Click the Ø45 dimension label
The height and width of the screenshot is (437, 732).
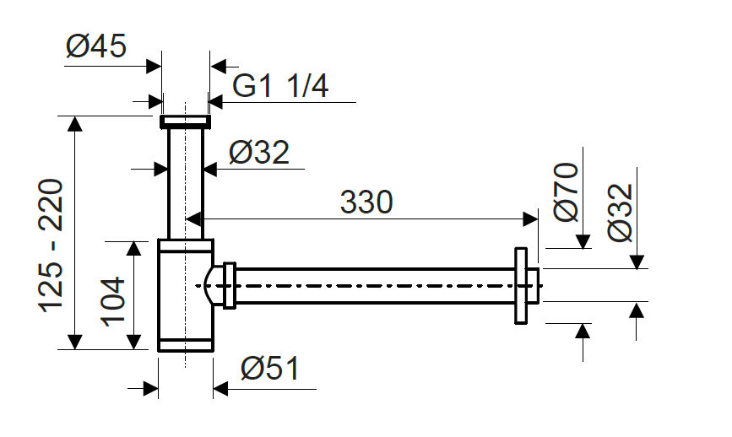click(96, 46)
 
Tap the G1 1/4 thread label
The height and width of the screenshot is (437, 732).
click(280, 86)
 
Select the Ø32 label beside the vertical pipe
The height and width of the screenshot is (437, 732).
click(259, 152)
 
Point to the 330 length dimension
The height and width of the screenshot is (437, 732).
click(366, 202)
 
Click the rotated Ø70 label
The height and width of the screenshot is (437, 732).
click(567, 192)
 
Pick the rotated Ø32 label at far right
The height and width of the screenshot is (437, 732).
click(621, 213)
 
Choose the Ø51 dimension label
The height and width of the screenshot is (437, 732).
click(270, 369)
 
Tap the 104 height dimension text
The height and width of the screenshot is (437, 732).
click(113, 302)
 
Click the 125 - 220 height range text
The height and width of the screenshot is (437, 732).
click(51, 245)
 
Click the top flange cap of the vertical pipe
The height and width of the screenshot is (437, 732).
click(186, 121)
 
